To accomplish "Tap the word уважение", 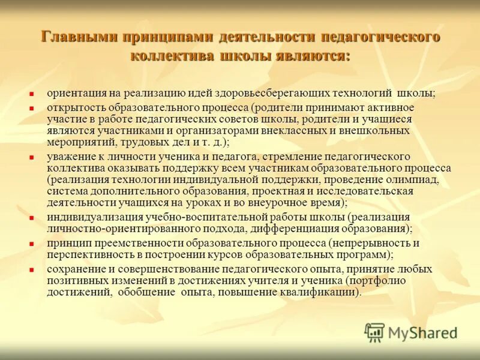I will (70, 157).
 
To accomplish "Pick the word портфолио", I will (381, 281).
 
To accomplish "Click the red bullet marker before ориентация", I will (33, 94).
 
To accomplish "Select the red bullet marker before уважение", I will (33, 158).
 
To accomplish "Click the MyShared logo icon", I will (374, 332).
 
